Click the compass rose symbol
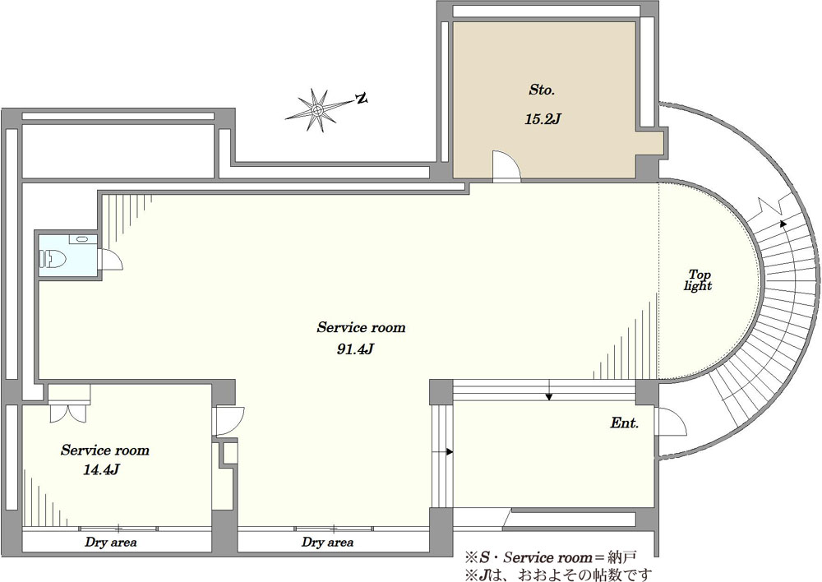[x=317, y=109]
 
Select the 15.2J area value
[x=542, y=118]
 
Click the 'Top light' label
[x=699, y=280]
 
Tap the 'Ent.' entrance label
[x=625, y=423]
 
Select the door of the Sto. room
[x=505, y=166]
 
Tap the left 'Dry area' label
[x=110, y=543]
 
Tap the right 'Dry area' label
[x=327, y=543]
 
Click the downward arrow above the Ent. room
[x=549, y=395]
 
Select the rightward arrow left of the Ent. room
[x=448, y=451]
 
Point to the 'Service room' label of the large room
[x=361, y=327]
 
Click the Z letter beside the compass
[x=361, y=99]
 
